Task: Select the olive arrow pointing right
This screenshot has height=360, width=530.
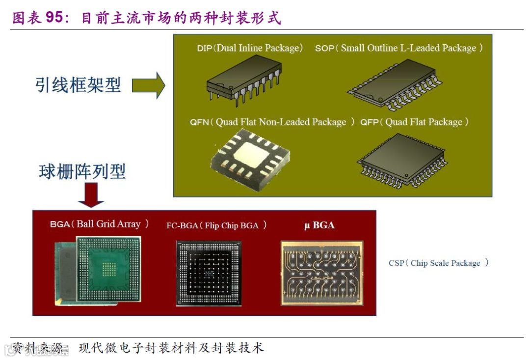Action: (x=148, y=85)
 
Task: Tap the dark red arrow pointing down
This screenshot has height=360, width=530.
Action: (x=91, y=194)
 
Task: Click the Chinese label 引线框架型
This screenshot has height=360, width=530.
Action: (x=78, y=85)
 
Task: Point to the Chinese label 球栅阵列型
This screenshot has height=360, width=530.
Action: (x=82, y=171)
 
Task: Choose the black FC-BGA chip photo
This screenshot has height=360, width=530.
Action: (x=209, y=273)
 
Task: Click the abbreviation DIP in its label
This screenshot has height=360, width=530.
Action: (x=204, y=49)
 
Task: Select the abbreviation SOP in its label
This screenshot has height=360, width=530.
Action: (x=324, y=49)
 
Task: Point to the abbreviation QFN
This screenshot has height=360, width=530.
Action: (x=199, y=122)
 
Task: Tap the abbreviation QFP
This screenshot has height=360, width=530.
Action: (x=370, y=122)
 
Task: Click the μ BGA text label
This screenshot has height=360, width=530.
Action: (x=319, y=225)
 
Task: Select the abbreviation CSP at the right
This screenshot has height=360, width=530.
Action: (x=396, y=263)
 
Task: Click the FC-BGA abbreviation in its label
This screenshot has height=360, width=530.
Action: (x=183, y=225)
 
